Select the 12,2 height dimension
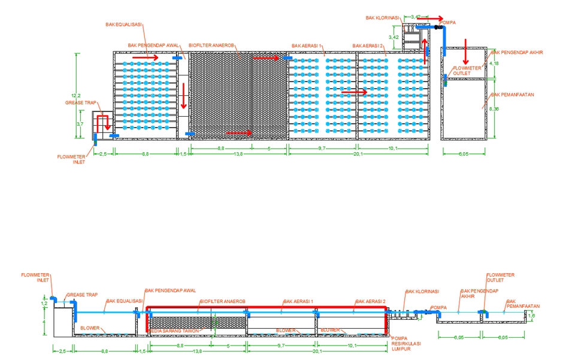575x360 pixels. (x=75, y=96)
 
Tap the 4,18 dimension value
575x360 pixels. (x=494, y=63)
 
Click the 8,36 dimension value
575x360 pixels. (x=494, y=109)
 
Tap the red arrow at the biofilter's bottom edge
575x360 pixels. (x=240, y=133)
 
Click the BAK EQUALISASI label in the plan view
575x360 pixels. (x=123, y=25)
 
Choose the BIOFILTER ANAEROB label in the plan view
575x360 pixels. (x=212, y=45)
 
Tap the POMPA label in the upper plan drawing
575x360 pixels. (x=447, y=23)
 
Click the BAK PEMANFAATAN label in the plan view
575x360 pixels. (x=512, y=95)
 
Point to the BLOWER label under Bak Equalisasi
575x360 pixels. (x=90, y=328)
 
